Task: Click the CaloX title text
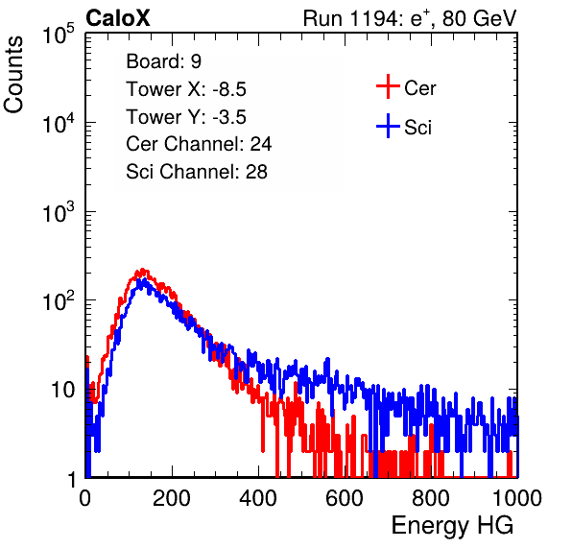point(118,18)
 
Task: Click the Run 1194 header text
point(410,18)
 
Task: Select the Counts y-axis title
point(13,75)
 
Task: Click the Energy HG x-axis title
point(453,526)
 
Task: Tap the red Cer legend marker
point(388,86)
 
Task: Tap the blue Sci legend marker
point(388,127)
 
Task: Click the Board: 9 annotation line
point(164,61)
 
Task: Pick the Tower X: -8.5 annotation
point(186,89)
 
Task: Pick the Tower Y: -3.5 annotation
point(186,117)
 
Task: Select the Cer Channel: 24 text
point(199,144)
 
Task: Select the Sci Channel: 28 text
point(197,172)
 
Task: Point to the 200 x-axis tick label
point(172,498)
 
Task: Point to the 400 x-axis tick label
point(258,498)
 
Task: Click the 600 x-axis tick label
point(345,498)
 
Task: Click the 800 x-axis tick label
point(431,498)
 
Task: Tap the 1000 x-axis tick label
point(517,498)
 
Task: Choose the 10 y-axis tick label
point(64,391)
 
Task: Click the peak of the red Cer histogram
point(143,270)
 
